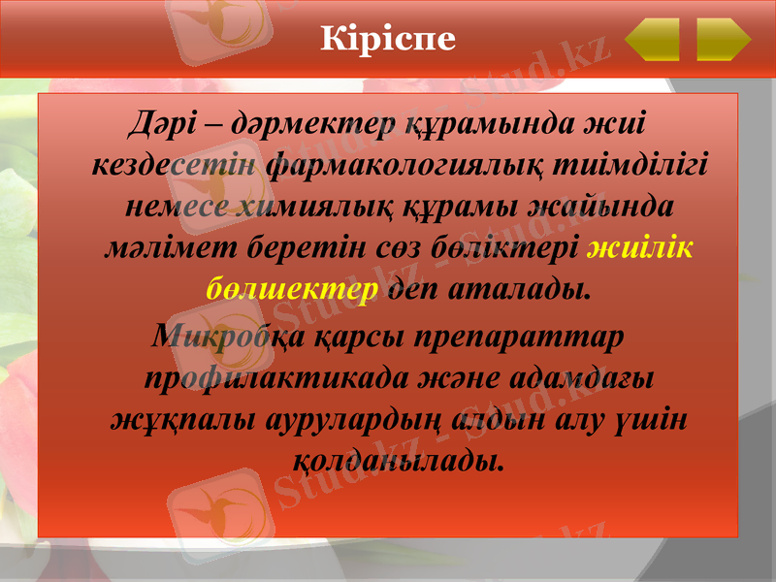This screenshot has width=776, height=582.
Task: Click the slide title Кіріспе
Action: tap(387, 38)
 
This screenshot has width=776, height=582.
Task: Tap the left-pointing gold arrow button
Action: tap(652, 39)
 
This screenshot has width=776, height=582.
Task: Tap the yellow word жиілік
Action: tap(640, 248)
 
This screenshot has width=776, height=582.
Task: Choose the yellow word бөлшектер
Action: tap(292, 290)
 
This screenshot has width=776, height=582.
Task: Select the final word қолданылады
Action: tap(398, 459)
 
